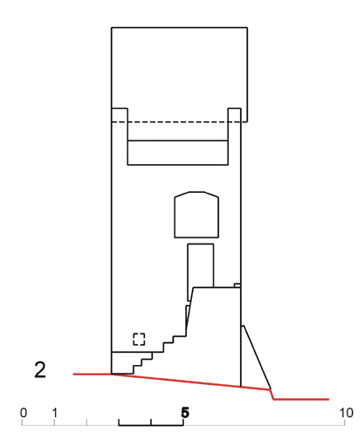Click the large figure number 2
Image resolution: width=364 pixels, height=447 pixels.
point(40,370)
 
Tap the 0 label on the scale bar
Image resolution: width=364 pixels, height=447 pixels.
point(24,413)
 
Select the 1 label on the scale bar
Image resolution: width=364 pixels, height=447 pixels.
point(55,413)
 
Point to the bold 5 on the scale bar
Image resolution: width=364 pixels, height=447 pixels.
point(185,413)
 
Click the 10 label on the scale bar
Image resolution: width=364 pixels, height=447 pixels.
point(347,413)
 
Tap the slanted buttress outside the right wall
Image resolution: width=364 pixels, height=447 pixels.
point(257,357)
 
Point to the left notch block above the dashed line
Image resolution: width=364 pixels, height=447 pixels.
point(120,115)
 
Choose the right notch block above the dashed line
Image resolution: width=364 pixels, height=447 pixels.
point(235,115)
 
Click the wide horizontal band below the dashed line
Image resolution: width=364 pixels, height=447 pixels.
point(178,153)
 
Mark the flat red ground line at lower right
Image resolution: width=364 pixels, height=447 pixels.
point(301,399)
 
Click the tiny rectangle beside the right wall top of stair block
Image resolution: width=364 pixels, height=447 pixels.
point(237,285)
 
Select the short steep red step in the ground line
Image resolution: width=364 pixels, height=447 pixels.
point(271,395)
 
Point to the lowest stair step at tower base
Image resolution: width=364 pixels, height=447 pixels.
point(122,374)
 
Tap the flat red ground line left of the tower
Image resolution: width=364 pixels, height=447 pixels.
point(93,374)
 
